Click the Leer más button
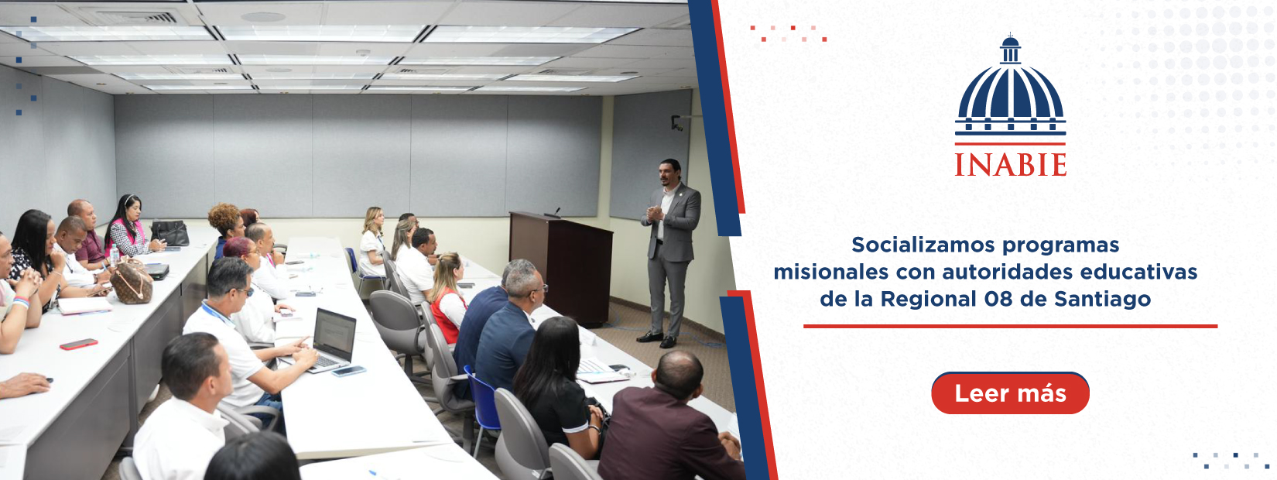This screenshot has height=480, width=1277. click(x=1010, y=393)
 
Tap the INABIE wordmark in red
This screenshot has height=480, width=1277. click(x=1010, y=165)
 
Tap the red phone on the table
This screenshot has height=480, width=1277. click(x=79, y=344)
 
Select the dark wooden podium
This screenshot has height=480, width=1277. click(x=561, y=268)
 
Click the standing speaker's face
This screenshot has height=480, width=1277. click(x=668, y=173)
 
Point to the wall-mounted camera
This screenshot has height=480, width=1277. click(x=676, y=122)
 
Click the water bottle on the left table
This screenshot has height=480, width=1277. click(x=114, y=255)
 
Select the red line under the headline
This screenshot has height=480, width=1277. click(x=1010, y=326)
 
